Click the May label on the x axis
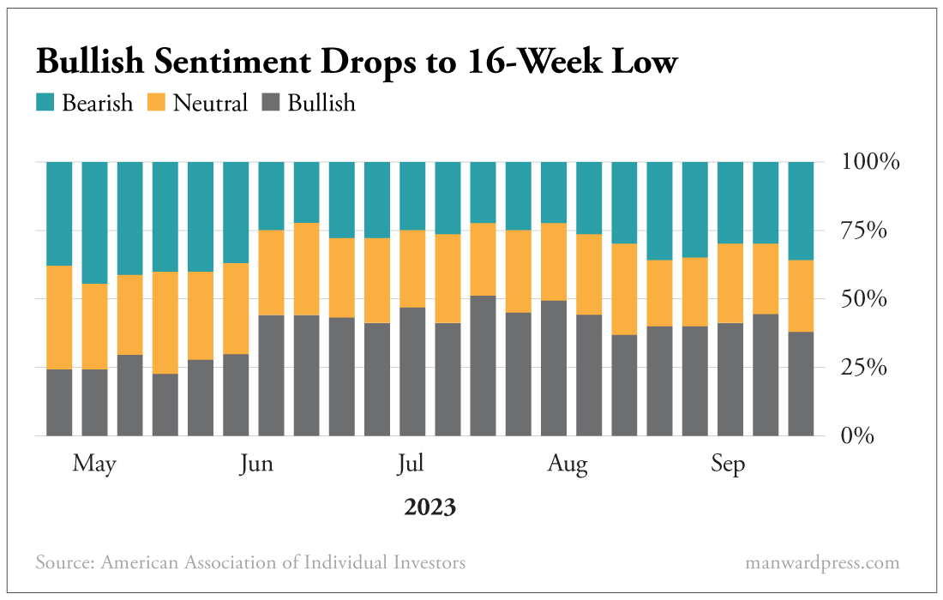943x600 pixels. [x=94, y=465]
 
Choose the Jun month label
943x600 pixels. [x=256, y=465]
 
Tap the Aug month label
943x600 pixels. [x=568, y=465]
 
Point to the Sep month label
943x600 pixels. [x=728, y=465]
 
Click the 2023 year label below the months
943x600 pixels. [x=429, y=507]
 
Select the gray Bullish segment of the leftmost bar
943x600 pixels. [x=59, y=403]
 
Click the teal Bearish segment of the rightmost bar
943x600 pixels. [x=801, y=210]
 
